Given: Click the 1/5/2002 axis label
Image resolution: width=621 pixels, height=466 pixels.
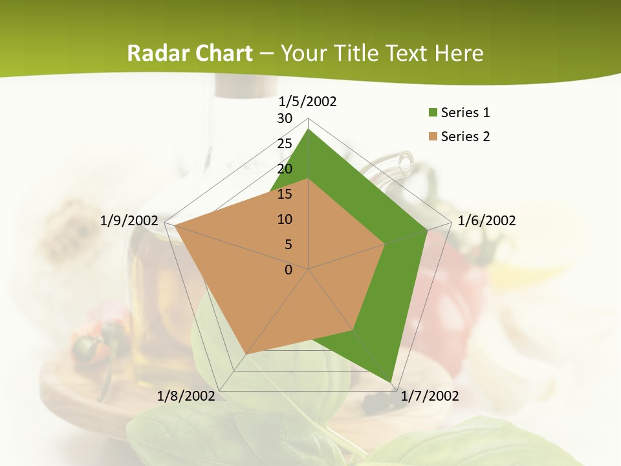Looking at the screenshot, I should coord(308,101).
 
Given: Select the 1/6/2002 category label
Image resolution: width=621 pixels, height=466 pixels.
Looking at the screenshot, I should coord(486,221).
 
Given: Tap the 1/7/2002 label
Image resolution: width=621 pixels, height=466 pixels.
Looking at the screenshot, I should coord(430,395).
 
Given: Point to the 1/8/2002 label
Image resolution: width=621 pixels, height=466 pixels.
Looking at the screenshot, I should coord(186,395).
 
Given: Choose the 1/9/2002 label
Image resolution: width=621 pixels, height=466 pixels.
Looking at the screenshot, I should coord(129,221).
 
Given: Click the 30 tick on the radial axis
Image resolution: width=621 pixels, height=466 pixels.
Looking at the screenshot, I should coord(285,118).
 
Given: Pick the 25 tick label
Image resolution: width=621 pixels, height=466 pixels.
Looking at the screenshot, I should coord(285,144).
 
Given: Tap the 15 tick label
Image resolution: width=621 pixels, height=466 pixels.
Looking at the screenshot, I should coord(285,194).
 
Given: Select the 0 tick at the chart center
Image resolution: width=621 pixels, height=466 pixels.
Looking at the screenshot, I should coord(289,270).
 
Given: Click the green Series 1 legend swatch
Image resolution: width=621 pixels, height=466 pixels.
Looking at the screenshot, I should coord(432,113).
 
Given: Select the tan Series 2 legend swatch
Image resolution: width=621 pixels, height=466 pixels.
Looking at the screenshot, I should coord(432,137).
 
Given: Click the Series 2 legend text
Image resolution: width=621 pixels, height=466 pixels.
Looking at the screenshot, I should coord(466,137).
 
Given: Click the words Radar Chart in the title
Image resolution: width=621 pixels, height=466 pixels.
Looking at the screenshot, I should coord(190,53).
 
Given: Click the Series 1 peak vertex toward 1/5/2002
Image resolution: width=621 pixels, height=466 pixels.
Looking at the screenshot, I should coord(309,129).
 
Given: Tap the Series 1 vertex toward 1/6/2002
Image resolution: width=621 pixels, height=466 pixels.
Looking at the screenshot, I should coord(428,230).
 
